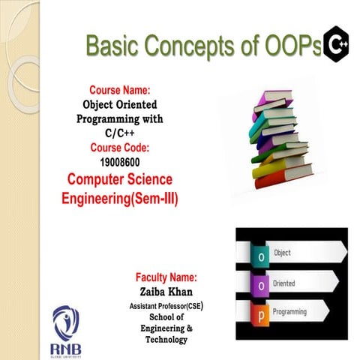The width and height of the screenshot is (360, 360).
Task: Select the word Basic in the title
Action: coord(112,47)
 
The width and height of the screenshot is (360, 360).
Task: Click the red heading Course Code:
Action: coord(120,147)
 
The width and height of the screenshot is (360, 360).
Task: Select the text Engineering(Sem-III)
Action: coord(119,199)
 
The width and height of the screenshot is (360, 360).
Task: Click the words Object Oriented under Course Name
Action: coord(120,106)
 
